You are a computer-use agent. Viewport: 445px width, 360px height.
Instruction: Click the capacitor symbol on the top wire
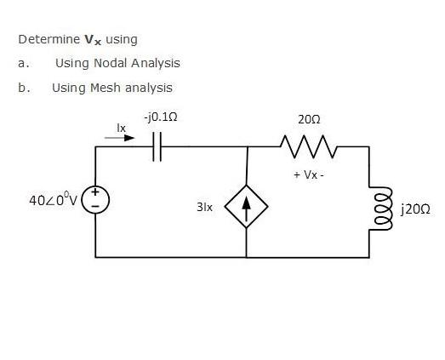[x=157, y=146]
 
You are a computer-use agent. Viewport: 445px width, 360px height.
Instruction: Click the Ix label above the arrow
[x=122, y=126]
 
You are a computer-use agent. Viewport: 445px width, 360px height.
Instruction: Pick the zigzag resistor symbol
[x=309, y=151]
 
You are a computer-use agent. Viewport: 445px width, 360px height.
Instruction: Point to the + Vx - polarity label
[x=309, y=174]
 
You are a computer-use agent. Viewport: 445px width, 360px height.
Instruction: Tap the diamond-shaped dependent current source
[x=247, y=206]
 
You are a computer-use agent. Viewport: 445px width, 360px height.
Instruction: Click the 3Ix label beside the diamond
[x=204, y=207]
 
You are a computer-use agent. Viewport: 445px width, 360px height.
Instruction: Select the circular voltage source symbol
[x=95, y=201]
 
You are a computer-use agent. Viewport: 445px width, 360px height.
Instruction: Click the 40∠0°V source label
[x=53, y=201]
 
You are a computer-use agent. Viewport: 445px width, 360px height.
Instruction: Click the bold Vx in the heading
[x=93, y=39]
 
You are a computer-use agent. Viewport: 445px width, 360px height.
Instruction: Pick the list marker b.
[x=22, y=87]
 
